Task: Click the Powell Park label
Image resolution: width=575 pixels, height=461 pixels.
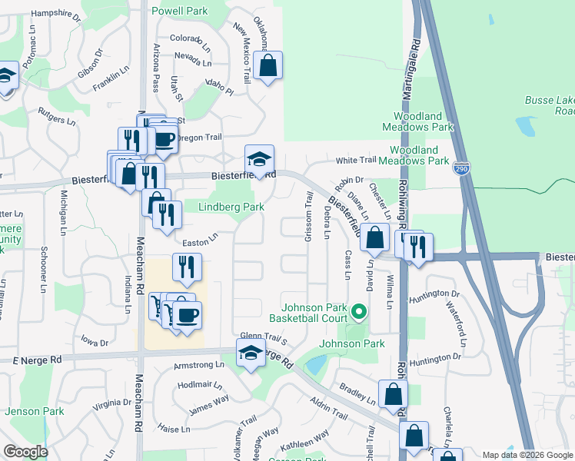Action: click(x=180, y=12)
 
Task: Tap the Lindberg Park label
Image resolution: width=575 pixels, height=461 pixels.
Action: click(x=231, y=207)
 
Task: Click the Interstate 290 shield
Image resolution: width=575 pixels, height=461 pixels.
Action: click(x=466, y=169)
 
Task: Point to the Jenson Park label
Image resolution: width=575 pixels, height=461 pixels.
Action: click(x=34, y=411)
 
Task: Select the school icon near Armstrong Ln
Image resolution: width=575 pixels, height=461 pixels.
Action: click(x=250, y=354)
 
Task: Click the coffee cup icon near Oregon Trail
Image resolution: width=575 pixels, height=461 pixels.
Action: click(x=163, y=139)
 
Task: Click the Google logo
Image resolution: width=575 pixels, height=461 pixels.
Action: click(x=25, y=452)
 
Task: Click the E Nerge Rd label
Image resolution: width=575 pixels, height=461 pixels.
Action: click(x=37, y=360)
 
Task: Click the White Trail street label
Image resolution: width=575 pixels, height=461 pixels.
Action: click(x=356, y=160)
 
